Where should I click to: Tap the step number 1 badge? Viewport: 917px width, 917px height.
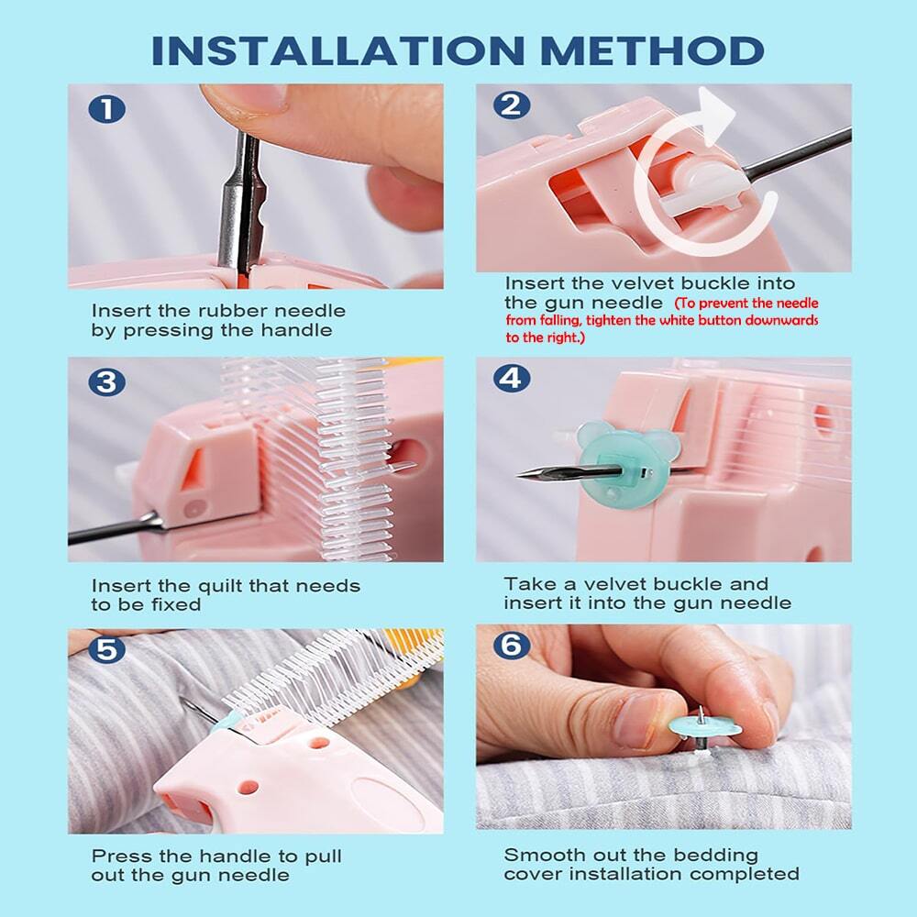pos(107,110)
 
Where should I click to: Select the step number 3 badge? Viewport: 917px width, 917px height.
pos(107,381)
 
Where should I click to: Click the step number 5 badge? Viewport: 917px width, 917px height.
pos(107,649)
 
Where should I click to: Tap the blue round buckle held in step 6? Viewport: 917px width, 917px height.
pos(704,729)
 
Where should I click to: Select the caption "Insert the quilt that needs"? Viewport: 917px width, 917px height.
pos(226,585)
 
